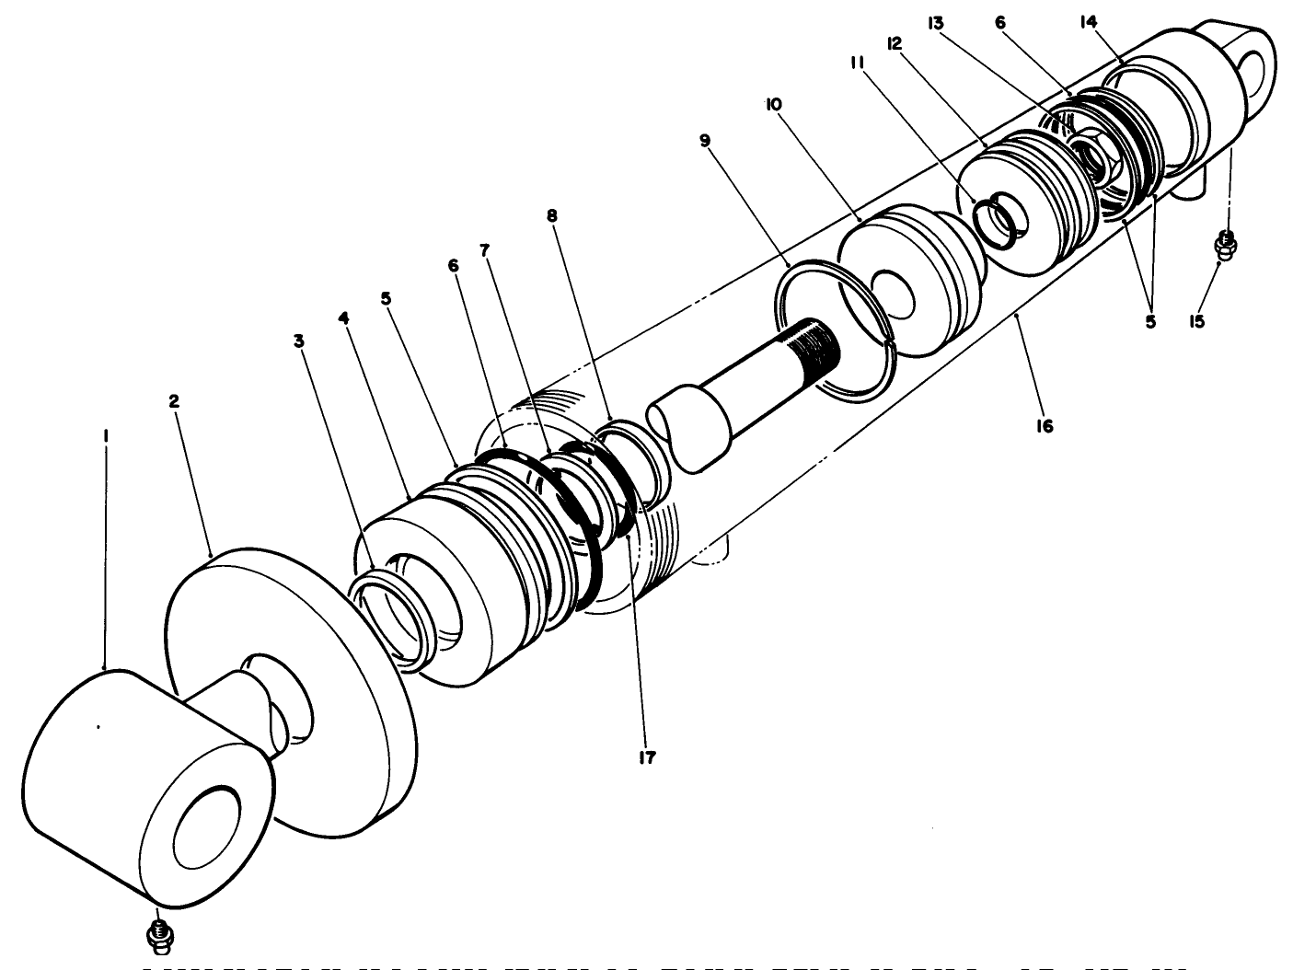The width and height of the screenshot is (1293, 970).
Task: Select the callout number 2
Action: (174, 401)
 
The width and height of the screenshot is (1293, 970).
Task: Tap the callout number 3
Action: (298, 340)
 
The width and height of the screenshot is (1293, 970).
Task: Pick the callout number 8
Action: (551, 215)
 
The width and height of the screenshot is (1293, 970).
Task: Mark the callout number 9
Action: (705, 140)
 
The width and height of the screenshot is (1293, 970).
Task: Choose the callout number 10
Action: (773, 105)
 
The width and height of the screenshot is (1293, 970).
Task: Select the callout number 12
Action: (893, 43)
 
